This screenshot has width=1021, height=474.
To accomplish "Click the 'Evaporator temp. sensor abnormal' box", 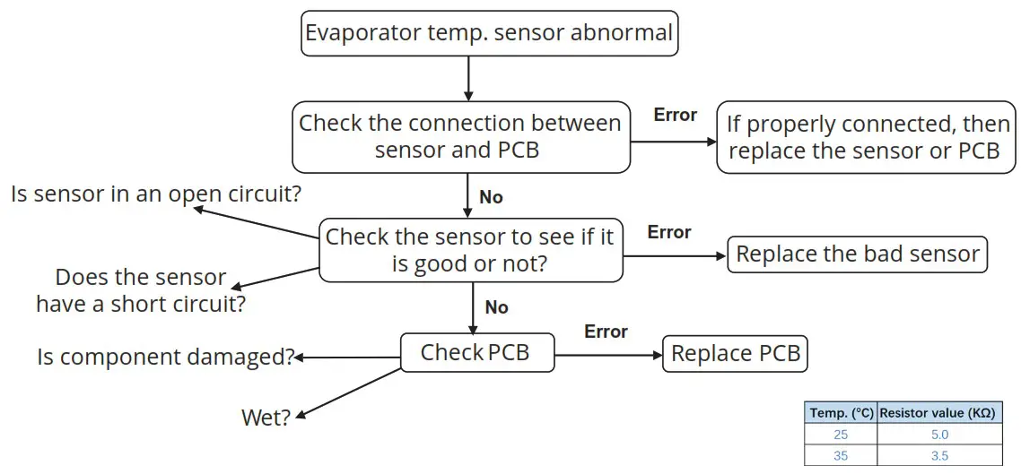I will pyautogui.click(x=489, y=34).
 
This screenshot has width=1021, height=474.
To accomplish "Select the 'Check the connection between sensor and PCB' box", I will pyautogui.click(x=460, y=136).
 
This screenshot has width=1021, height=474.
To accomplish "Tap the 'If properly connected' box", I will pyautogui.click(x=865, y=136).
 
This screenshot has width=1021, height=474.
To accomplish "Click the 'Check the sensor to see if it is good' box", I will pyautogui.click(x=471, y=250).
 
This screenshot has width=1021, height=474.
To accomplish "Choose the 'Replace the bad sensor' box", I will pyautogui.click(x=857, y=254).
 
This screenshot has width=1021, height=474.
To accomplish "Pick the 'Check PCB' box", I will pyautogui.click(x=476, y=353).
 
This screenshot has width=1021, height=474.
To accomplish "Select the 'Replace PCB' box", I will pyautogui.click(x=735, y=354).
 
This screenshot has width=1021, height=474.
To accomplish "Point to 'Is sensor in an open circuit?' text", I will pyautogui.click(x=155, y=194).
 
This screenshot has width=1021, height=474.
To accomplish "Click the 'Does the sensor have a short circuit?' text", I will pyautogui.click(x=141, y=290).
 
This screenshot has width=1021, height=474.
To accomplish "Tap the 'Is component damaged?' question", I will pyautogui.click(x=166, y=357).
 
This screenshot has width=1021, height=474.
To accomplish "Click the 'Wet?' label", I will pyautogui.click(x=266, y=418).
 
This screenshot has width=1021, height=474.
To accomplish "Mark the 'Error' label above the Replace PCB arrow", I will pyautogui.click(x=606, y=332).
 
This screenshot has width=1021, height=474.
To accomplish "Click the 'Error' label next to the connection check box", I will pyautogui.click(x=675, y=115).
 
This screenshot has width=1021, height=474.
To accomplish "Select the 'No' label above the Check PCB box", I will pyautogui.click(x=496, y=307).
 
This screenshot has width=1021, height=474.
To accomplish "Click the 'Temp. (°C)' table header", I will pyautogui.click(x=841, y=413).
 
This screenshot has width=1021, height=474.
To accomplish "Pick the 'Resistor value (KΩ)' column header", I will pyautogui.click(x=938, y=413).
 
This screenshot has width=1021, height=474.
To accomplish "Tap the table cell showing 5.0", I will pyautogui.click(x=938, y=435).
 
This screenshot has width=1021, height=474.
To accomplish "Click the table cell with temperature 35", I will pyautogui.click(x=841, y=455).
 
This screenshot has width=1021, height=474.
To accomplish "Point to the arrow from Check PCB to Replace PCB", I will pyautogui.click(x=607, y=355).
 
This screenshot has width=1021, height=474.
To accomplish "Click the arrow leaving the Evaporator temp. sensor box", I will pyautogui.click(x=467, y=76).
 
